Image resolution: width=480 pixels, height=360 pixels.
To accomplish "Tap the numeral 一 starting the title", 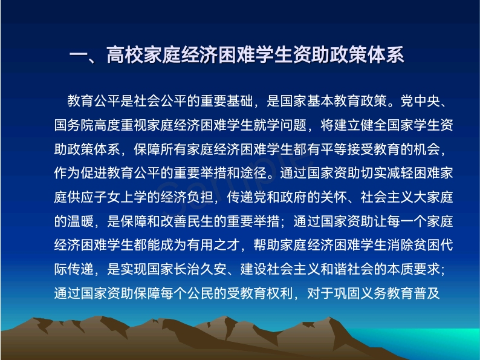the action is click(x=79, y=56).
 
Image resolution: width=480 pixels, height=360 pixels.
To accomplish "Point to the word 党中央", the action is click(x=420, y=101).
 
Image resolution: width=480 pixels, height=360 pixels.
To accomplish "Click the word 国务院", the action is click(x=74, y=125).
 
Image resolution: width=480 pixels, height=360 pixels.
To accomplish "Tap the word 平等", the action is click(x=333, y=149).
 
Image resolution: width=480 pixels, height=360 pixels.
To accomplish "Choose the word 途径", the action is click(x=253, y=173).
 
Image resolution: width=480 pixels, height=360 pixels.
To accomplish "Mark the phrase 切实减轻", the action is click(x=387, y=173).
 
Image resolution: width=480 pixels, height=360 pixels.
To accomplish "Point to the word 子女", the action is click(x=107, y=197).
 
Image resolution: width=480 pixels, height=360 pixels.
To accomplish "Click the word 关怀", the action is click(x=333, y=197).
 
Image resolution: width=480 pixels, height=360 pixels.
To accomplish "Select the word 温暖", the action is click(x=81, y=221).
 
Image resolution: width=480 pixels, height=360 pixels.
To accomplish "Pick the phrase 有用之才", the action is click(x=213, y=245).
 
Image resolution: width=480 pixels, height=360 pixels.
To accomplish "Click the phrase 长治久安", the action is click(x=201, y=269).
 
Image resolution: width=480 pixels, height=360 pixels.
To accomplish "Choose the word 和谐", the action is click(x=333, y=269).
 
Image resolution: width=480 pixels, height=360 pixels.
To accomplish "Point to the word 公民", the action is click(x=201, y=293).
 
